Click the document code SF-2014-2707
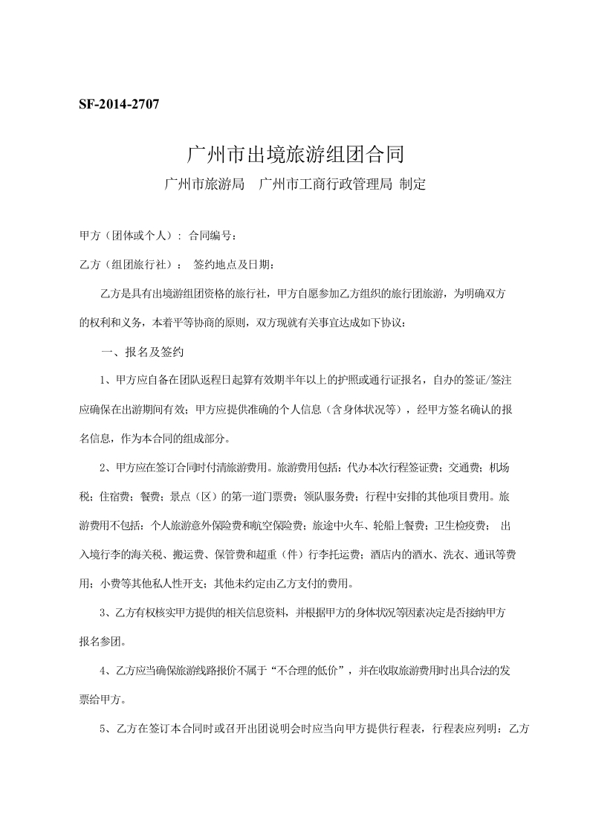119,103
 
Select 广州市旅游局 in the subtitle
205,184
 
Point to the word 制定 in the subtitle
412,184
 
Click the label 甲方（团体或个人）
127,236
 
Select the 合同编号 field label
213,236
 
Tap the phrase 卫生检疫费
461,525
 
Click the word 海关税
150,553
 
